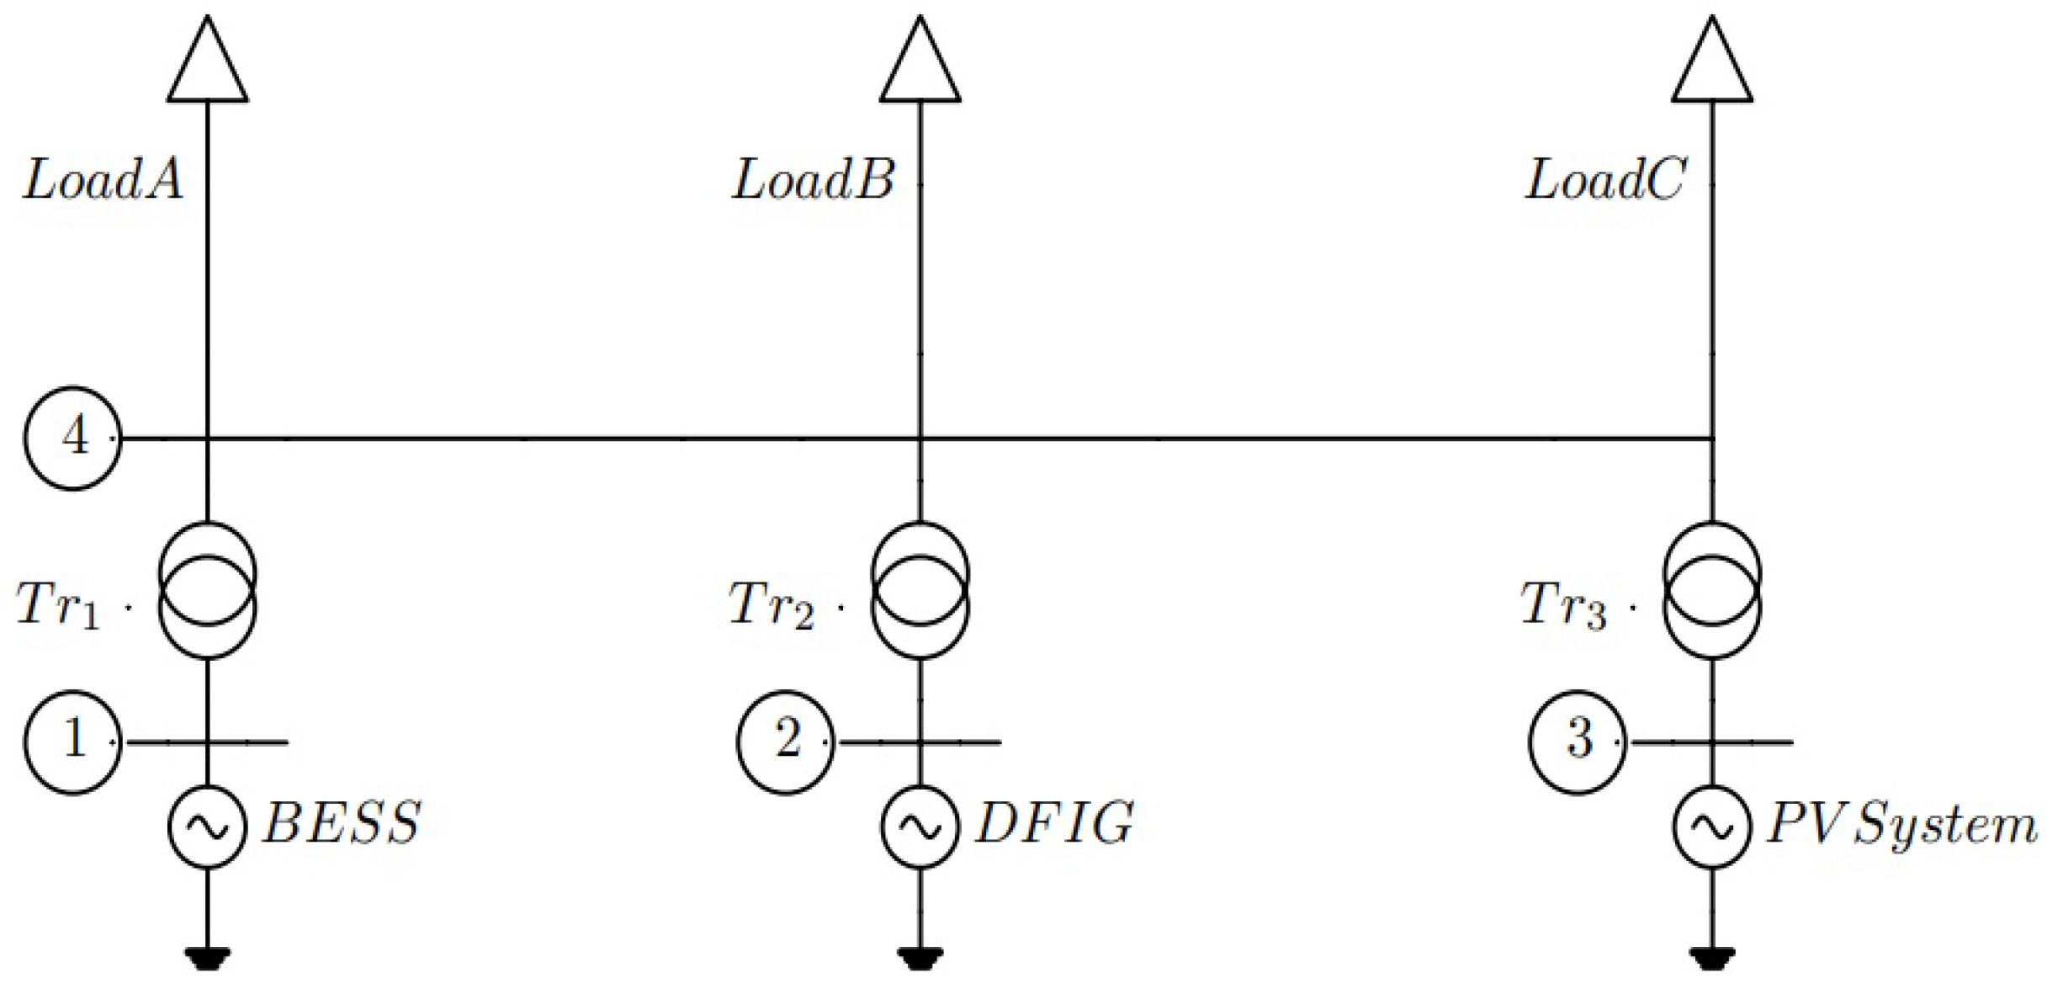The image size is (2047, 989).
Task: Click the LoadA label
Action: [103, 180]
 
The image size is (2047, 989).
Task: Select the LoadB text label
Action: [813, 180]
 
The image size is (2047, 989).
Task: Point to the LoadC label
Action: [1605, 180]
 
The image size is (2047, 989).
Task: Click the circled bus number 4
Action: [73, 438]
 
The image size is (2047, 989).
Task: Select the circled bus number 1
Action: [73, 742]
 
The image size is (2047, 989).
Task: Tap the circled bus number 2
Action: [786, 742]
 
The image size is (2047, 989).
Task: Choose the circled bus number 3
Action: [1578, 742]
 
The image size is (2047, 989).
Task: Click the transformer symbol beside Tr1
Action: [208, 590]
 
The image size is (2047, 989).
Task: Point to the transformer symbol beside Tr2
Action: [920, 590]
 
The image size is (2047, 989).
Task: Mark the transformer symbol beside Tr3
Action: [1712, 590]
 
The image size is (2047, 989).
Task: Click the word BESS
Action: [342, 822]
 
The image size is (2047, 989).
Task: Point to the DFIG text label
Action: [1054, 822]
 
